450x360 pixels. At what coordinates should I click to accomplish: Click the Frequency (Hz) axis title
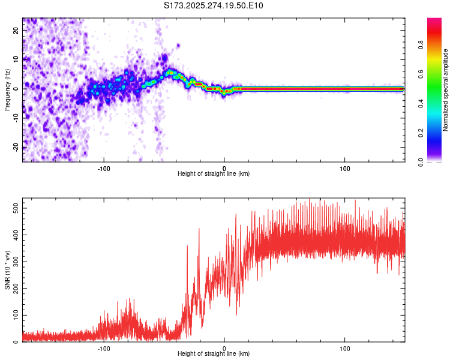[x=8, y=89]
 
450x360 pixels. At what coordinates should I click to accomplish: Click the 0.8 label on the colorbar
[x=421, y=44]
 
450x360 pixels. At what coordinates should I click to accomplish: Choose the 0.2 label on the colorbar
[x=421, y=133]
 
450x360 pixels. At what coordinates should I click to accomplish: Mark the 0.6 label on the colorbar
[x=421, y=74]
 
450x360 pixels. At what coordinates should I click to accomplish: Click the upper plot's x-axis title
[x=214, y=173]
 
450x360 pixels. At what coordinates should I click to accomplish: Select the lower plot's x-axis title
[x=214, y=354]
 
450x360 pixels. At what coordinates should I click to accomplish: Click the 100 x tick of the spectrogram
[x=345, y=168]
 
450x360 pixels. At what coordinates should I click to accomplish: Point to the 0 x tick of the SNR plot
[x=224, y=348]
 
